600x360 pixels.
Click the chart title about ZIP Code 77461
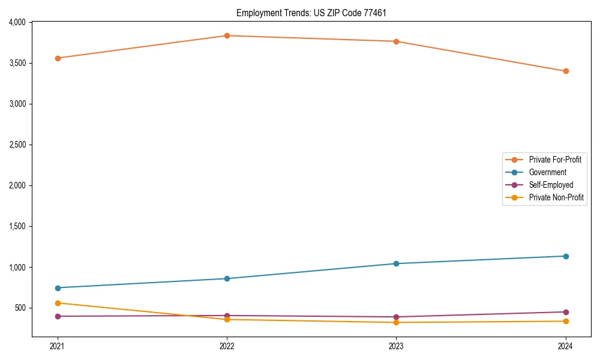(311, 13)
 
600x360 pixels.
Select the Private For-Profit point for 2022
(227, 35)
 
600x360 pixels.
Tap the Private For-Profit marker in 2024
(566, 71)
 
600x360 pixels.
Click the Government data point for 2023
(396, 263)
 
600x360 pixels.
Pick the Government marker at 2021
(58, 288)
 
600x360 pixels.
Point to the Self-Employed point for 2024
(566, 312)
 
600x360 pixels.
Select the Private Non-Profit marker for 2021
(58, 303)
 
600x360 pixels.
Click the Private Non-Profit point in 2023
(396, 322)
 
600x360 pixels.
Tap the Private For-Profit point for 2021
(58, 58)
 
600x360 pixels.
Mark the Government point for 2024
(566, 256)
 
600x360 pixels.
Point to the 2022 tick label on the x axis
(227, 346)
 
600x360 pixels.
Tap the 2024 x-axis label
(566, 346)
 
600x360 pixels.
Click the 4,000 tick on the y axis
(17, 22)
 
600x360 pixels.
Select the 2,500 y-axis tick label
(17, 145)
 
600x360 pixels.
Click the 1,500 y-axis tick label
(17, 226)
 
